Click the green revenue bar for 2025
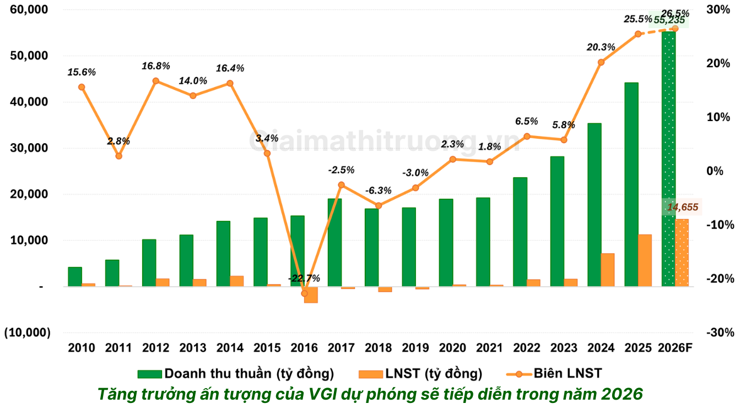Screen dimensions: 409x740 (631, 184)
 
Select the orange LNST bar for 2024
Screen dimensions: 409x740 (608, 270)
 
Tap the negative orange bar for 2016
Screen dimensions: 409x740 (311, 295)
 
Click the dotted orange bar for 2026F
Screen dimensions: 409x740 (682, 253)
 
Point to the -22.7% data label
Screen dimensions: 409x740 (304, 278)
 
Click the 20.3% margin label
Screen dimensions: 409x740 (601, 47)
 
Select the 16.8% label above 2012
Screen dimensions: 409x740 (155, 66)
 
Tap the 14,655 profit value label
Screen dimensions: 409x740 (683, 207)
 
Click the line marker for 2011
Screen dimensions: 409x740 (118, 156)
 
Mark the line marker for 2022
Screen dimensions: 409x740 (527, 136)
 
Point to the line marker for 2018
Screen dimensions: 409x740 (379, 206)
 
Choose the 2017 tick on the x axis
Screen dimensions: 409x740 (341, 348)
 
